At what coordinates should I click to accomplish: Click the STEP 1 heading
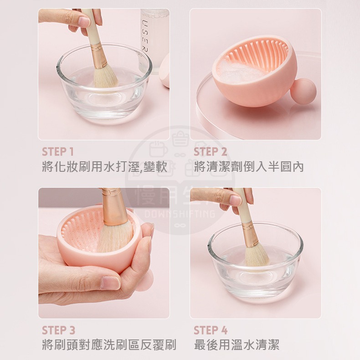click(57, 152)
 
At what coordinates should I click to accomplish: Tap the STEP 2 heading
click(210, 152)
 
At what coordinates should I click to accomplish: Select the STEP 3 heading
click(58, 330)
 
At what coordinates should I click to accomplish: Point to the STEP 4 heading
click(211, 330)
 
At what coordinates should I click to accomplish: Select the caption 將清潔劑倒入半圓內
click(248, 167)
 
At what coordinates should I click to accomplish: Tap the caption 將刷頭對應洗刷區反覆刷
click(109, 345)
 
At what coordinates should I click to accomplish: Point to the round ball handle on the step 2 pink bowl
click(303, 91)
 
